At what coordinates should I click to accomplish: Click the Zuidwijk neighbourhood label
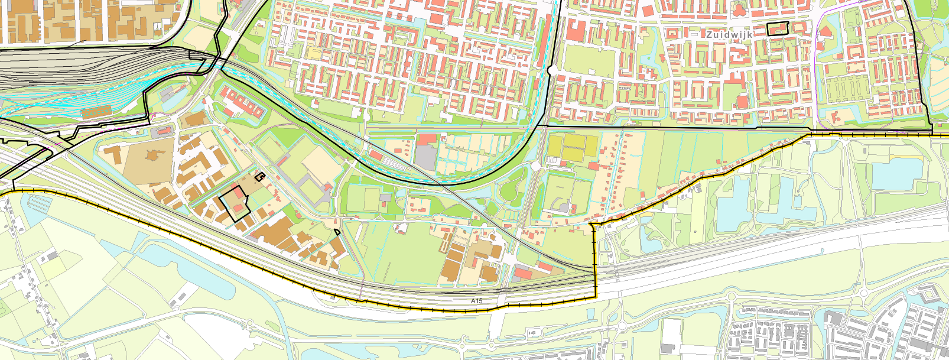pos(729,35)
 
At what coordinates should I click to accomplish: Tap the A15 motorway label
pos(476,301)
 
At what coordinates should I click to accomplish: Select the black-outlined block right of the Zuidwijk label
pos(778,28)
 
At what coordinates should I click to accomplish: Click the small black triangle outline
pos(337,232)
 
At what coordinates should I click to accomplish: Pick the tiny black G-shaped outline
pos(259,175)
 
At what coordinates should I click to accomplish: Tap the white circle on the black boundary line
pos(550,70)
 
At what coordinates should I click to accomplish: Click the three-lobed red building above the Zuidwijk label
pos(738,9)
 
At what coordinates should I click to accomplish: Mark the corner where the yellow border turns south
pos(593,225)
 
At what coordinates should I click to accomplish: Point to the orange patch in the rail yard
pos(96,111)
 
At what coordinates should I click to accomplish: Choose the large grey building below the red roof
pos(426,156)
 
